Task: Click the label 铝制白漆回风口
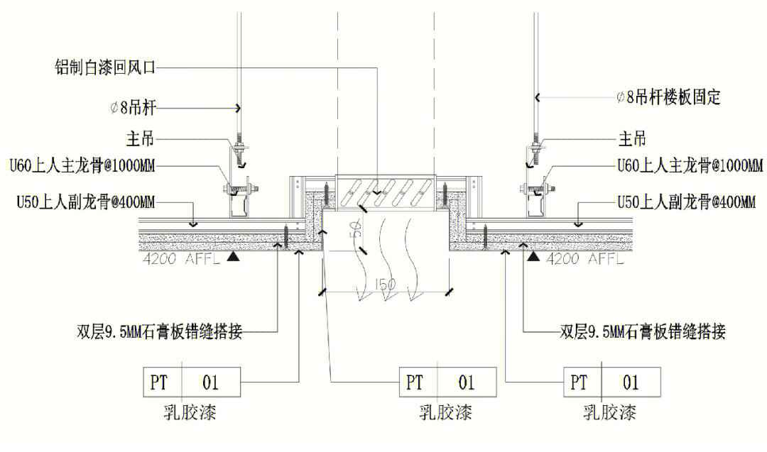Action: tap(104, 67)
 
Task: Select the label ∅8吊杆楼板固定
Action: tap(668, 97)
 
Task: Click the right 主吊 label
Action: tap(633, 139)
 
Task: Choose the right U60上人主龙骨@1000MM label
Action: tap(690, 166)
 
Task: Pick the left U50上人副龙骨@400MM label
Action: tap(85, 202)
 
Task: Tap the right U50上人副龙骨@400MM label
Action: tap(686, 202)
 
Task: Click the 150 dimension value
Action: tap(386, 285)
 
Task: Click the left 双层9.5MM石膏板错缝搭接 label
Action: tap(160, 331)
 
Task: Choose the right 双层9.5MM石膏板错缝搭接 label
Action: tap(643, 331)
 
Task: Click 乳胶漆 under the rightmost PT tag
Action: tap(609, 412)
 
